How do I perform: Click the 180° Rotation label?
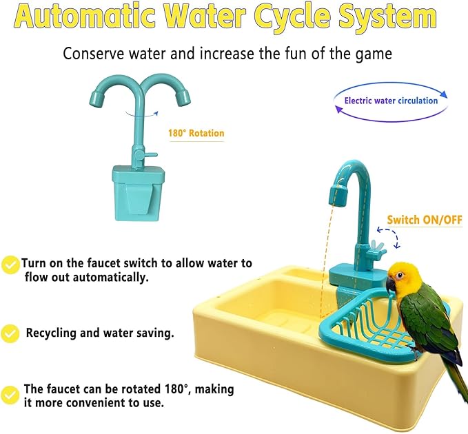click(196, 133)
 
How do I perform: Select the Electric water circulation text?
click(391, 101)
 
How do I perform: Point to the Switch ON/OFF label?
click(424, 220)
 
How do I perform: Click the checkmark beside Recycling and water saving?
click(10, 333)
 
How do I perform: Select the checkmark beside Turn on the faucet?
click(10, 264)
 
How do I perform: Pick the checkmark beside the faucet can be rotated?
click(10, 395)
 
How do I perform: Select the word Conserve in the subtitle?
click(91, 53)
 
